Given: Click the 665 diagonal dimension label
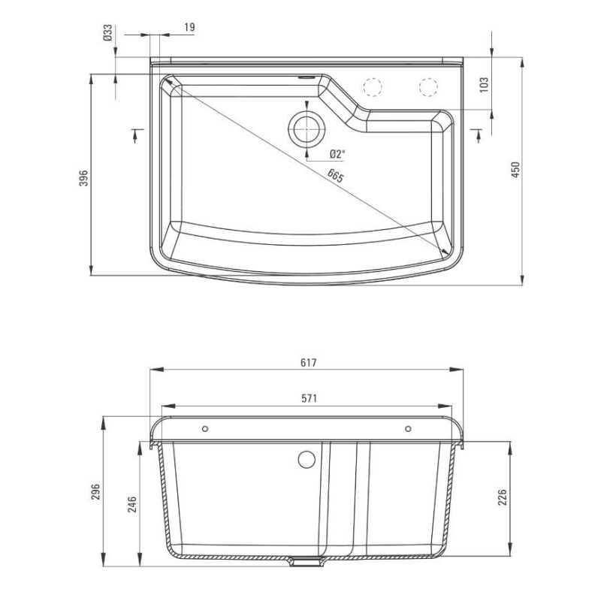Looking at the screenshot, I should [x=335, y=177].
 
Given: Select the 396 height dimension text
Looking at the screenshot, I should [x=84, y=177].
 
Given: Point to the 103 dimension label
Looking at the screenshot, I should [x=484, y=84].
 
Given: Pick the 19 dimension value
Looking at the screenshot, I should [x=189, y=27].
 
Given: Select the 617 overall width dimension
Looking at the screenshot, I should [x=307, y=362].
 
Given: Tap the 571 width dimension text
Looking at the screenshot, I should [x=307, y=398].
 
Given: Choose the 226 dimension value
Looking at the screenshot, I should [x=503, y=497].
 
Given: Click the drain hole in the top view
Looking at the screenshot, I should [x=306, y=127].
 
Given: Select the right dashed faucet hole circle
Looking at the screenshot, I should [x=427, y=86].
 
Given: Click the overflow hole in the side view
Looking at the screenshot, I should [x=306, y=458].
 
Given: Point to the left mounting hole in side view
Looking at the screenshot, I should [x=206, y=429].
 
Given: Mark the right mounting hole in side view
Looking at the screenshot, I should [x=408, y=429].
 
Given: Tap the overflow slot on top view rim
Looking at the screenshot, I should [x=307, y=76].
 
